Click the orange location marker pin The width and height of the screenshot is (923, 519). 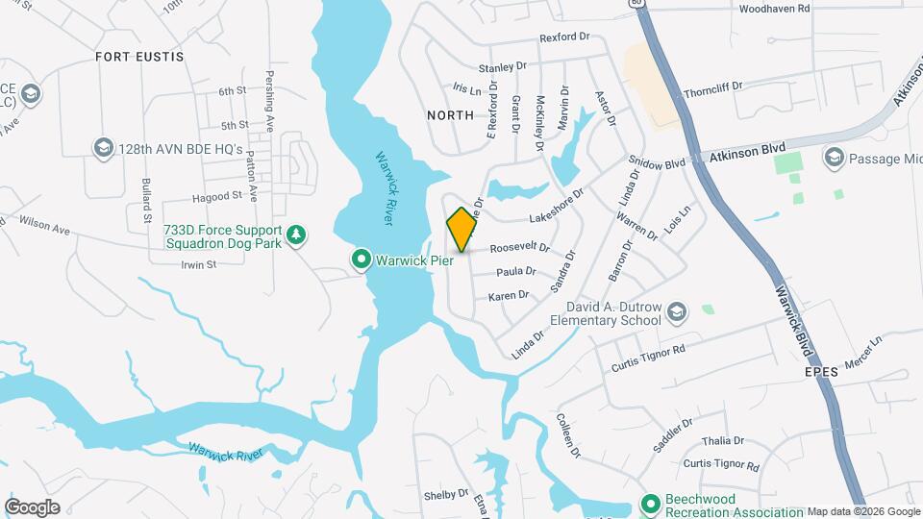pos(461,230)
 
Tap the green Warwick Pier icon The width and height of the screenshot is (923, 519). pos(362,259)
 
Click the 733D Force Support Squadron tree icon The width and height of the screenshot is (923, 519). pos(298,234)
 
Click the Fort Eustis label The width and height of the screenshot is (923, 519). pos(139,57)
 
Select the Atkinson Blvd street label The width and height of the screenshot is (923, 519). pos(741,154)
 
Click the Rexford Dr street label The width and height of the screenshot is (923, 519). pos(563,37)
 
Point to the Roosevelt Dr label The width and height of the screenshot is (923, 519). pos(519,248)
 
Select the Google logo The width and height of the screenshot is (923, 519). pos(32,507)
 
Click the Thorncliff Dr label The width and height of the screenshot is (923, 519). pos(713,89)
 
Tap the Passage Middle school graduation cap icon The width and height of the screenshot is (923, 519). pos(834,156)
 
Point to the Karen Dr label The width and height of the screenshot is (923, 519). pos(509,296)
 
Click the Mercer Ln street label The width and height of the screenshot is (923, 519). pos(862,354)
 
